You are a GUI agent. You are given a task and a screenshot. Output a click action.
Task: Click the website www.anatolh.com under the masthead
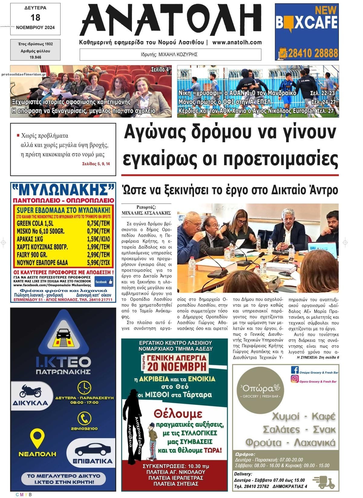237,43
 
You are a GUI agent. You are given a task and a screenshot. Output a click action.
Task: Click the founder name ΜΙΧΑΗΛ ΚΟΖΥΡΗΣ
178,55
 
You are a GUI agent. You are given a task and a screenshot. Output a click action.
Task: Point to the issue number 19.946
35,57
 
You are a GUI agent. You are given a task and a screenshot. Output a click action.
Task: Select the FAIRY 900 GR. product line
32,254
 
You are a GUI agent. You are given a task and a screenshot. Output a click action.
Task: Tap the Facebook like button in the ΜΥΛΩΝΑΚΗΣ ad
104,282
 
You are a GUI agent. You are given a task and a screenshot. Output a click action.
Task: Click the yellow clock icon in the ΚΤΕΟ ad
84,387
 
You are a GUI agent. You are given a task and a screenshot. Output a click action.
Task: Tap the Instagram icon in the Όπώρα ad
295,379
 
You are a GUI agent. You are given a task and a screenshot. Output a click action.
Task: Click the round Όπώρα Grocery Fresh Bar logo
260,391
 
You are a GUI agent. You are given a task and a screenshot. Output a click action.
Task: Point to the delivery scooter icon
323,482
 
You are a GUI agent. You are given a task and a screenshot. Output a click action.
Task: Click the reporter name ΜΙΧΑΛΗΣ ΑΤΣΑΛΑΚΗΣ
146,213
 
